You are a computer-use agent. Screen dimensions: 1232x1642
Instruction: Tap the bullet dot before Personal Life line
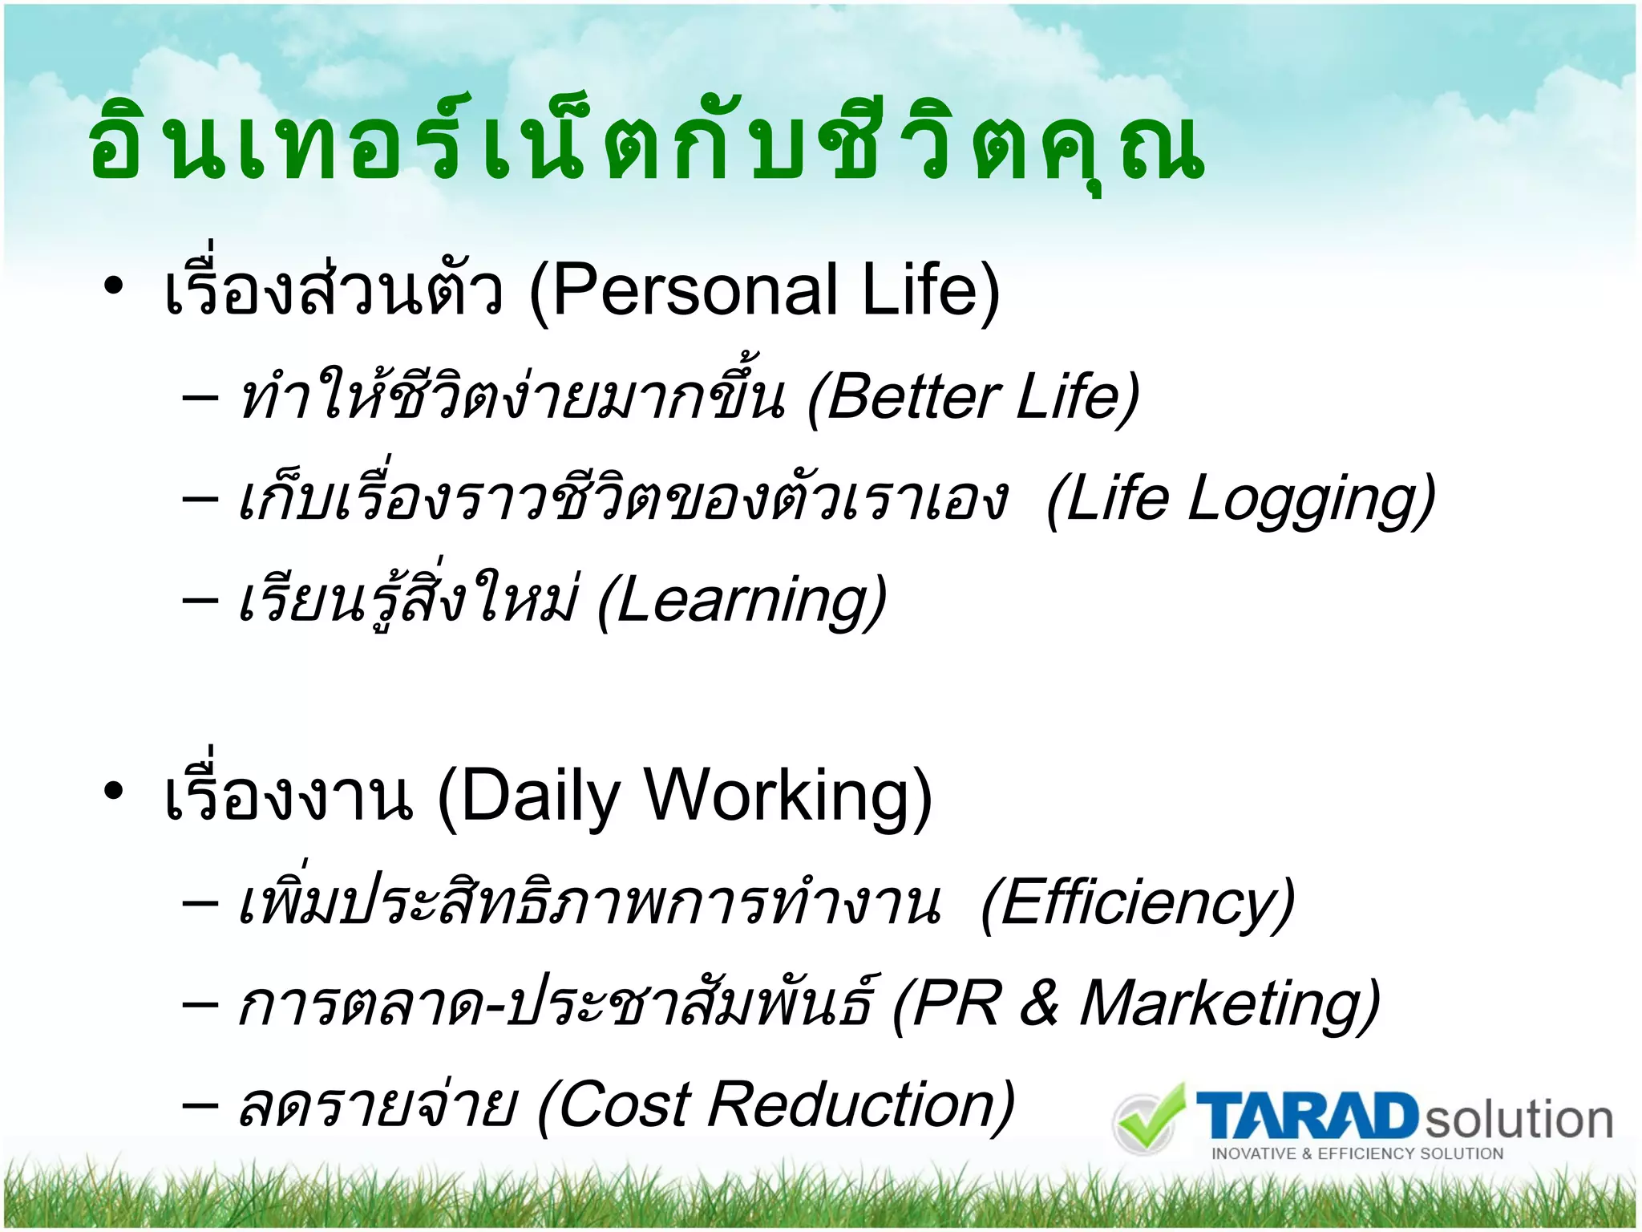tap(114, 286)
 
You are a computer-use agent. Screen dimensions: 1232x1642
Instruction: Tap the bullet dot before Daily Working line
tap(114, 791)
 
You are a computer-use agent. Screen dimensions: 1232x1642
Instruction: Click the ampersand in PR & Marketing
tap(1039, 1004)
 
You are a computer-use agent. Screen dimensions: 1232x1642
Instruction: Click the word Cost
tap(622, 1105)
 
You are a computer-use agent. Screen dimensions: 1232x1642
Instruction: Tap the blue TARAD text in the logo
tap(1307, 1116)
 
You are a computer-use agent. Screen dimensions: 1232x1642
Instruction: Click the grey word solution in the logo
tap(1519, 1120)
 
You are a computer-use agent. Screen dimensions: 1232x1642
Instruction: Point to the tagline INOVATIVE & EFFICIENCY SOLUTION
tap(1357, 1154)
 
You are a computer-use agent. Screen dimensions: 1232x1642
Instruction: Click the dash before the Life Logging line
tap(200, 499)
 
